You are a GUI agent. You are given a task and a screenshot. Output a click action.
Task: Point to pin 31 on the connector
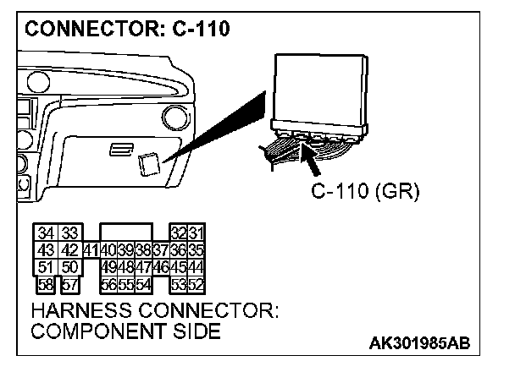[x=196, y=233]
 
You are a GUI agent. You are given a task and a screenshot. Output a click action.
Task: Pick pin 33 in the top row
[x=70, y=233]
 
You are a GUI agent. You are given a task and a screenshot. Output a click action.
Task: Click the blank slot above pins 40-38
[x=125, y=233]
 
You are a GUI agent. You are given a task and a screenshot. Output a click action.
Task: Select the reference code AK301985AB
[x=419, y=344]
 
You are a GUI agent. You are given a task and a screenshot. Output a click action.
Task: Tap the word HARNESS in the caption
[x=76, y=309]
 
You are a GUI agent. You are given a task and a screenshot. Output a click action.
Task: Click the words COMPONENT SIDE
[x=127, y=331]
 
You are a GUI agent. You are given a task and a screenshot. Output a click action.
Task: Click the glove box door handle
[x=120, y=149]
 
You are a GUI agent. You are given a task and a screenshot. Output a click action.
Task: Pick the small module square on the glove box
[x=150, y=161]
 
